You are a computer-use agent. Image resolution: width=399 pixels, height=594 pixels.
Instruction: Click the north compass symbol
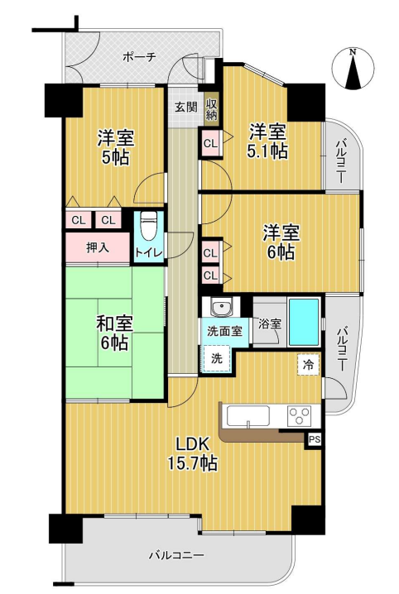pyautogui.click(x=353, y=69)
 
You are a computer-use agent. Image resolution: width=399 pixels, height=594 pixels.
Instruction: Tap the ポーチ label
pyautogui.click(x=139, y=57)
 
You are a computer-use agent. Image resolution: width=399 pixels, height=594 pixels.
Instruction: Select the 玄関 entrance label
pyautogui.click(x=185, y=107)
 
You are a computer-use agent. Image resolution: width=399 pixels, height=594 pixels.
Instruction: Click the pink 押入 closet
pyautogui.click(x=98, y=247)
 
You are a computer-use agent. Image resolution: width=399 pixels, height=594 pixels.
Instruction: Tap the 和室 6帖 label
pyautogui.click(x=114, y=333)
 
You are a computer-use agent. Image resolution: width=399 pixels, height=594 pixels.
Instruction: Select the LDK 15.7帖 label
pyautogui.click(x=192, y=453)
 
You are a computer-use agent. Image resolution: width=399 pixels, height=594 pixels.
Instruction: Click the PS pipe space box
pyautogui.click(x=314, y=440)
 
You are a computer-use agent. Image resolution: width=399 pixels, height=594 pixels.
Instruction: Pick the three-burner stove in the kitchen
pyautogui.click(x=300, y=416)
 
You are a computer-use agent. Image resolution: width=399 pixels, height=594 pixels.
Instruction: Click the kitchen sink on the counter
pyautogui.click(x=248, y=416)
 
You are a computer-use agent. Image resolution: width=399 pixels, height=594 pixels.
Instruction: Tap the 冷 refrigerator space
pyautogui.click(x=309, y=365)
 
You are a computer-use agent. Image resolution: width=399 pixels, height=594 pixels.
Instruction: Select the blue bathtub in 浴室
pyautogui.click(x=305, y=322)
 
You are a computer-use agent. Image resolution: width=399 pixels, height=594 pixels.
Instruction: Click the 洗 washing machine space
pyautogui.click(x=217, y=358)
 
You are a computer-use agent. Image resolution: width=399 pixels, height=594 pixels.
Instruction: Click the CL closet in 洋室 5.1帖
pyautogui.click(x=211, y=143)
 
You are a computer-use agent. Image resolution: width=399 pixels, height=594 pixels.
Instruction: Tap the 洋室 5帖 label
pyautogui.click(x=115, y=147)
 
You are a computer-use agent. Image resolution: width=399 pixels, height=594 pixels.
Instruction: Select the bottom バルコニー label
pyautogui.click(x=176, y=556)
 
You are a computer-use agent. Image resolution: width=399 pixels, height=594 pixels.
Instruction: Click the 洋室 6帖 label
pyautogui.click(x=281, y=242)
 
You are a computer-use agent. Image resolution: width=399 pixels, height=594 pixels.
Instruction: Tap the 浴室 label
pyautogui.click(x=270, y=324)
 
